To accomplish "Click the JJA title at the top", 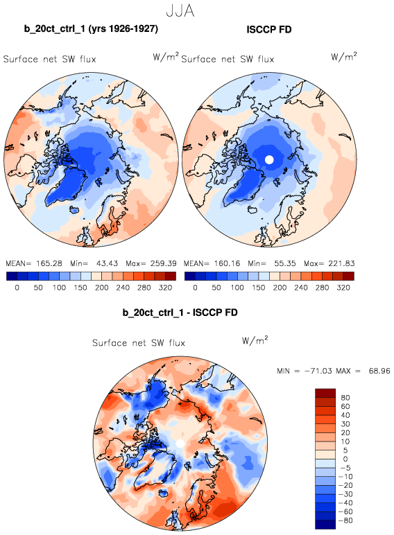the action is (x=180, y=10).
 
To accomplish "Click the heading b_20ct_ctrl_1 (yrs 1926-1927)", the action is (x=91, y=28).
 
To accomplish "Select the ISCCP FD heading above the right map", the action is (x=269, y=29).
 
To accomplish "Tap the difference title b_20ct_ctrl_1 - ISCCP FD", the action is (x=180, y=312).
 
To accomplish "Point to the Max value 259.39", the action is (x=164, y=263).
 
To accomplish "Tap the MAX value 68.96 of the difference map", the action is (x=379, y=371).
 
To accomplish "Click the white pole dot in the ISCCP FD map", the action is (x=269, y=159).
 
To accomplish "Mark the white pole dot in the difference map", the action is (x=180, y=444).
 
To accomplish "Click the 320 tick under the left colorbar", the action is (x=165, y=288).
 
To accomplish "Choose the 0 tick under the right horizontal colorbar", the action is (x=195, y=288).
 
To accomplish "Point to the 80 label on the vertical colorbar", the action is (x=345, y=398).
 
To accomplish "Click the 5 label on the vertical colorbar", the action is (x=345, y=450).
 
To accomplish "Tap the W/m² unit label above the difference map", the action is (x=255, y=340).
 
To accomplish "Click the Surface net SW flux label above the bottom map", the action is (x=139, y=342).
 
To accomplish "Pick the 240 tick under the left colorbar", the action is (x=123, y=288).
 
